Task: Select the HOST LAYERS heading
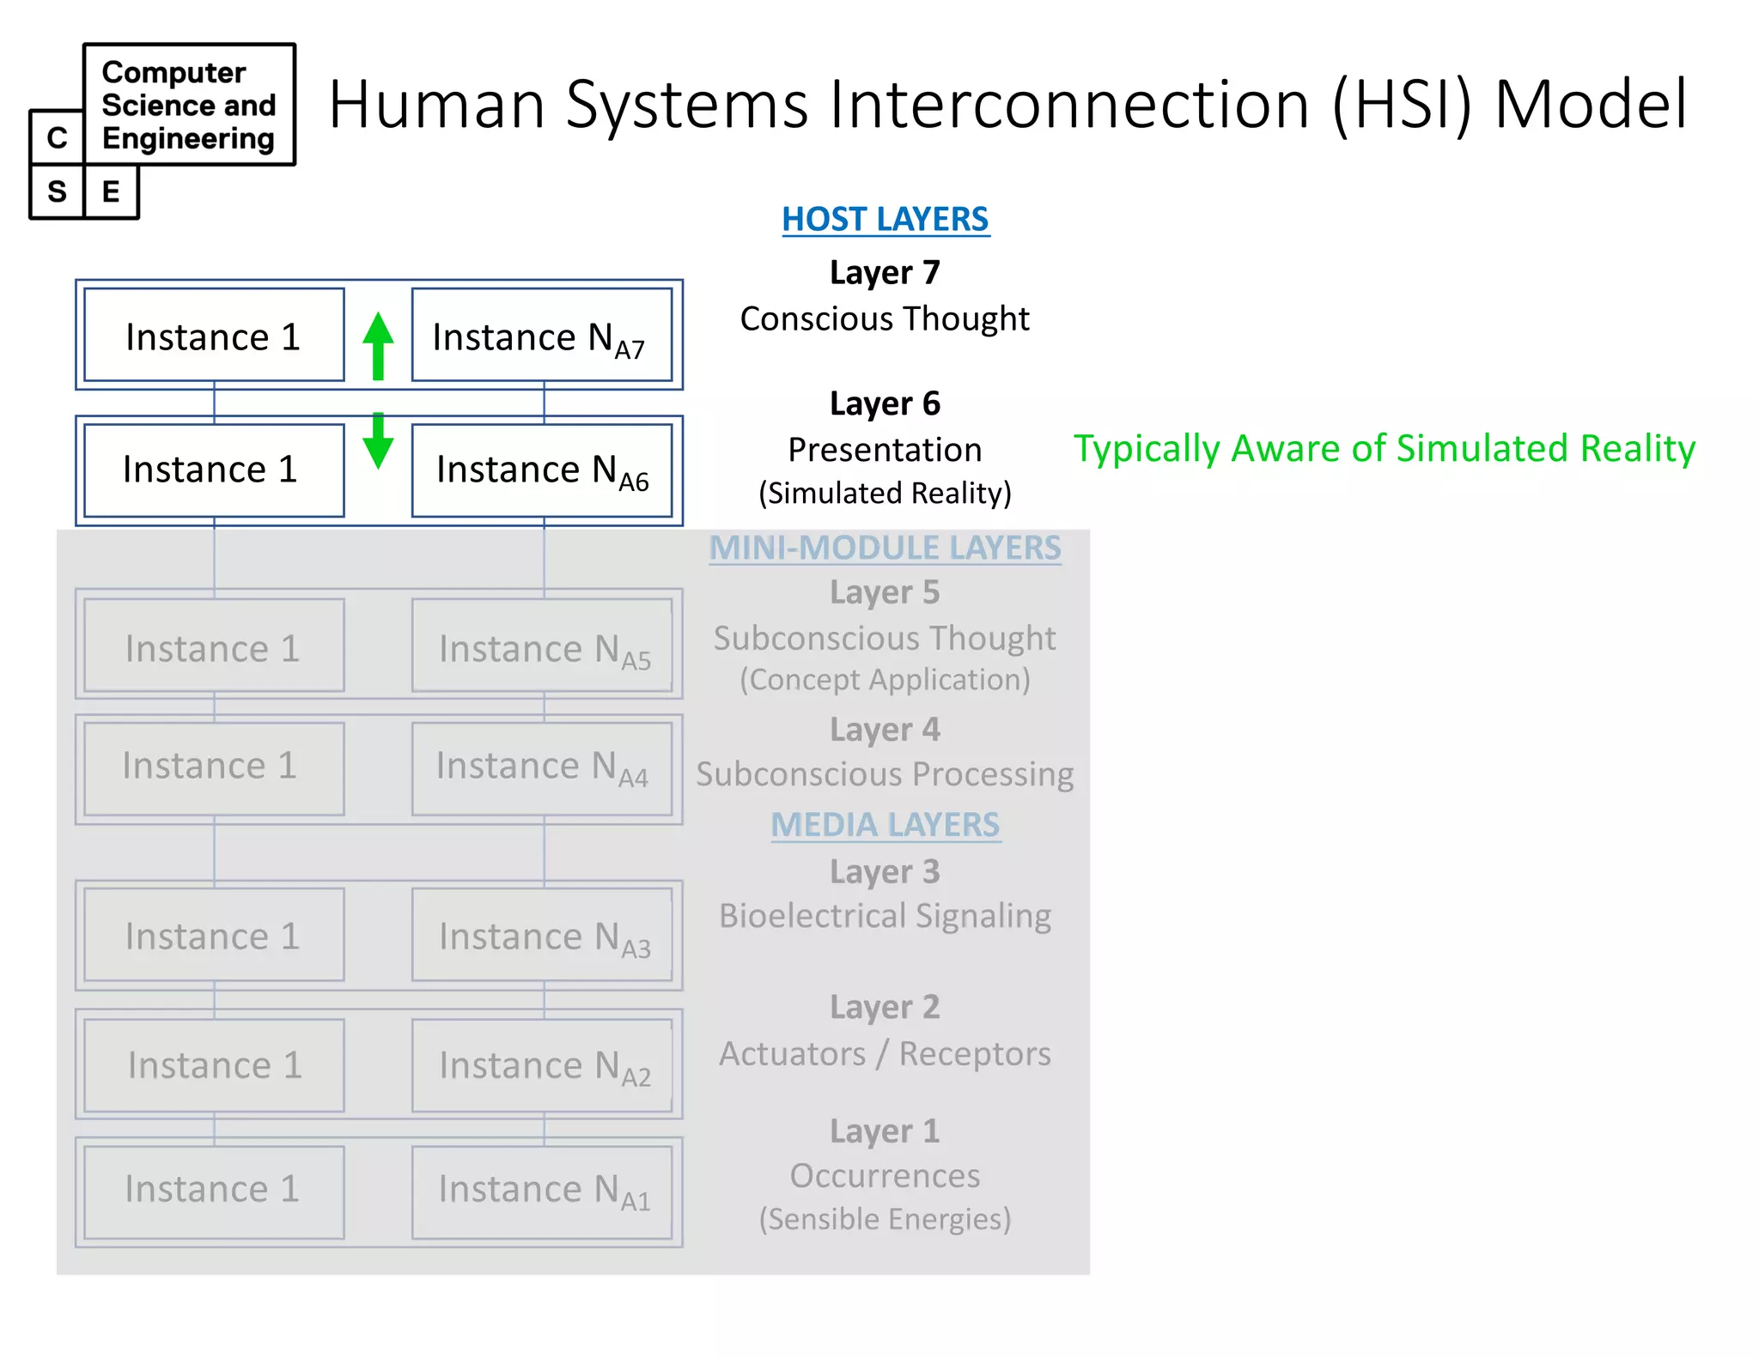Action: pyautogui.click(x=885, y=219)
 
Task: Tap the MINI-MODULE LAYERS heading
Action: pyautogui.click(x=885, y=548)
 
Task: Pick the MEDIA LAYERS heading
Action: pyautogui.click(x=885, y=825)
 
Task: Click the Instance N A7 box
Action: pyautogui.click(x=541, y=335)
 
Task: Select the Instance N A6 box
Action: pyautogui.click(x=541, y=470)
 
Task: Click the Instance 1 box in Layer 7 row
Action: pyautogui.click(x=214, y=335)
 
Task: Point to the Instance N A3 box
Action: pyautogui.click(x=541, y=935)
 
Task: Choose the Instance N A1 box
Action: pyautogui.click(x=541, y=1191)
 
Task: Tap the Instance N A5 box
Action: pyautogui.click(x=541, y=646)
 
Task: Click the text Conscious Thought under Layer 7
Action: pyautogui.click(x=885, y=318)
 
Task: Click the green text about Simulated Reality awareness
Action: pyautogui.click(x=1384, y=449)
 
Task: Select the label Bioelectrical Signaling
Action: pyautogui.click(x=885, y=916)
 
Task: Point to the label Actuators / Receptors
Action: pyautogui.click(x=885, y=1053)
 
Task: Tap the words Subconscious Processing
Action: pyautogui.click(x=885, y=774)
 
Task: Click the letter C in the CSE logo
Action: pyautogui.click(x=57, y=137)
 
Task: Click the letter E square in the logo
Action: pyautogui.click(x=111, y=191)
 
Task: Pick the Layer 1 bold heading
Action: pyautogui.click(x=885, y=1131)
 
